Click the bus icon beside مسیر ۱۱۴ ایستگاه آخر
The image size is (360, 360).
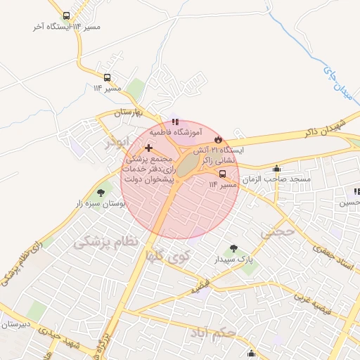coord(66,15)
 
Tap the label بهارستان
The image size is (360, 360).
coord(129,112)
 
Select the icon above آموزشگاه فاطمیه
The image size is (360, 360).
coord(175,122)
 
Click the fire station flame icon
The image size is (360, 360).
coord(218,139)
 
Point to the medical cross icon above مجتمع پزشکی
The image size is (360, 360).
coord(148,148)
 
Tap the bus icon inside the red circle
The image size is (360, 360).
coord(223,174)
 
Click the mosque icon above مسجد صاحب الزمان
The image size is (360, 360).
coord(276,169)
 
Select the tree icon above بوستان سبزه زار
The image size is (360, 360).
coord(101,192)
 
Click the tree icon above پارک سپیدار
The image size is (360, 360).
coord(233,248)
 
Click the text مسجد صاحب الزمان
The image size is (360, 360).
coord(277,180)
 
